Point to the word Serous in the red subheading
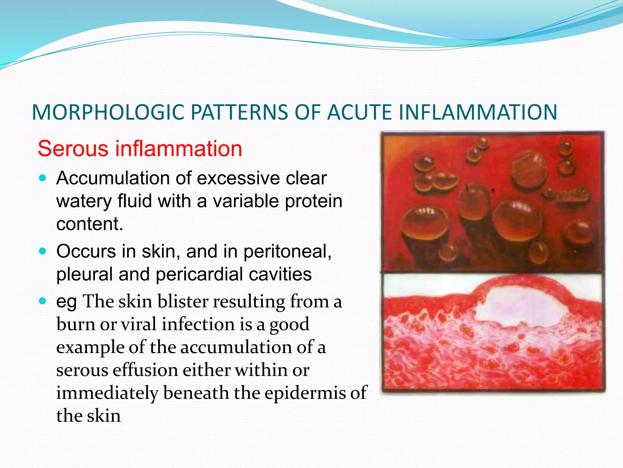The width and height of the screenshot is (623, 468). (73, 149)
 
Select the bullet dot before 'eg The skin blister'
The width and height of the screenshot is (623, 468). (43, 301)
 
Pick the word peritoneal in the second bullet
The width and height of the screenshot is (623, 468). (287, 252)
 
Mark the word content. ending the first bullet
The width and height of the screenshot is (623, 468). (90, 224)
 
